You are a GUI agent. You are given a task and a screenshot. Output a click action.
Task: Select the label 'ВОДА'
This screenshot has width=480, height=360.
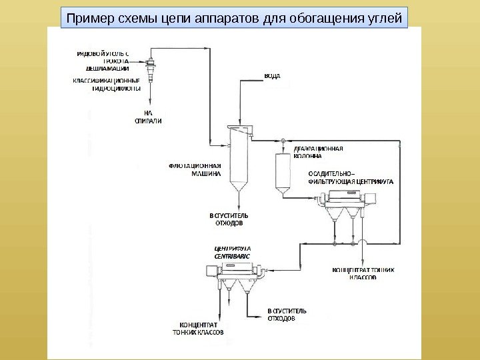pos(272,76)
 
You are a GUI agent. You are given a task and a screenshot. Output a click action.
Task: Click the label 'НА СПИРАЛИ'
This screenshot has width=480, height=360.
pos(148,117)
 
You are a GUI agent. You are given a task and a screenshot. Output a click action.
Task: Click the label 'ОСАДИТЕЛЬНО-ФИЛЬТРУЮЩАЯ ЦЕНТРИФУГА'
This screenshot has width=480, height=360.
pos(351,176)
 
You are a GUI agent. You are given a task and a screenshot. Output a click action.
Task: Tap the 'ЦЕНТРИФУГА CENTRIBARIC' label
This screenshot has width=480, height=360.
pos(228,252)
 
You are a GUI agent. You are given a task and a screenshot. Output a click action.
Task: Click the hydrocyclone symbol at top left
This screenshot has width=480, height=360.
pos(151,66)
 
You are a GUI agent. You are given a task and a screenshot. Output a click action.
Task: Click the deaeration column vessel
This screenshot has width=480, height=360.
pos(283,172)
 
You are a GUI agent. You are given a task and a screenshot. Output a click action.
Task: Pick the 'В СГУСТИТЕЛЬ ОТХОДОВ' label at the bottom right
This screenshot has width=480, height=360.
pos(287,315)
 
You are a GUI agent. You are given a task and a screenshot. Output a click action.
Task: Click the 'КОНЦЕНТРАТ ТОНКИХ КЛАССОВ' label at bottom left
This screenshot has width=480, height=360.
pos(198,328)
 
